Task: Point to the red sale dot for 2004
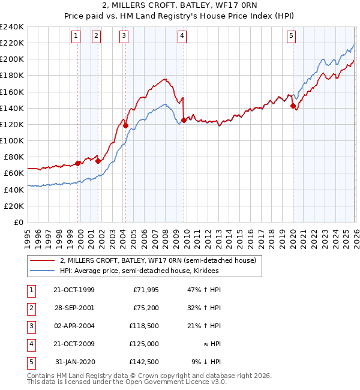click(125, 125)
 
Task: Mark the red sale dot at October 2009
click(184, 120)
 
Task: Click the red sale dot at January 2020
click(293, 106)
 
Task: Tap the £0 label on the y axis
click(18, 222)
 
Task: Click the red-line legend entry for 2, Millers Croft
click(158, 260)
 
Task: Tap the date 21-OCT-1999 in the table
click(73, 290)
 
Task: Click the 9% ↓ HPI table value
click(210, 362)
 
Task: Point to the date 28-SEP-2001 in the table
click(73, 308)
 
